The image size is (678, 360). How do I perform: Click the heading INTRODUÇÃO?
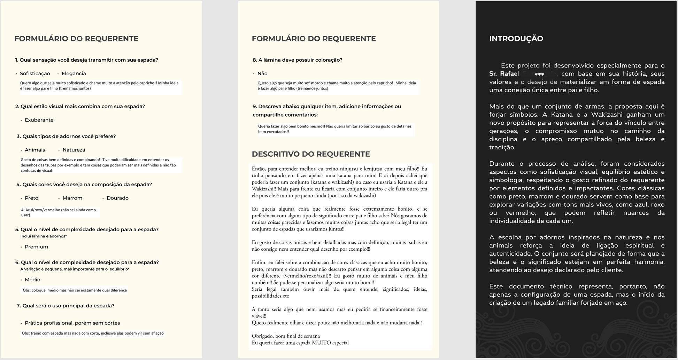coord(516,39)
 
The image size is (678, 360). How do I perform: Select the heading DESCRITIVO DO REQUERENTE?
coord(311,154)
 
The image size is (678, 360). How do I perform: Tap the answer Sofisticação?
coord(35,73)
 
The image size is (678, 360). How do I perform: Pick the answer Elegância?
coord(74,73)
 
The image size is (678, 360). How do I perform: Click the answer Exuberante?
coord(39,120)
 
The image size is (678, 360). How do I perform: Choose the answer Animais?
coord(35,150)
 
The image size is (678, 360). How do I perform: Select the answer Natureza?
coord(74,150)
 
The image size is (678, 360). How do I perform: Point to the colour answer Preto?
coord(31,198)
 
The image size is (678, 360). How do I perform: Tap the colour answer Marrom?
coord(72,198)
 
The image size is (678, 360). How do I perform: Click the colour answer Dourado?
coord(117,198)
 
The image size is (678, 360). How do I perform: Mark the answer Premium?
coord(36,247)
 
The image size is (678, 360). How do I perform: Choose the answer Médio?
coord(32,280)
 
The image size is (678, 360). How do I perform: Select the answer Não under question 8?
coord(262,73)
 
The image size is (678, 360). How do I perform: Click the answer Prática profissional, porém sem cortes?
coord(72,323)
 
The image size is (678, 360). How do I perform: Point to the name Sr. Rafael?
coord(504,74)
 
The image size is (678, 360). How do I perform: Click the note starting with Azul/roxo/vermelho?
coord(59,212)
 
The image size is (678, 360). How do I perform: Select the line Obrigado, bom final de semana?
coord(286,336)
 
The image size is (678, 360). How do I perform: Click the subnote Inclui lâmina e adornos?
coord(44,236)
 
